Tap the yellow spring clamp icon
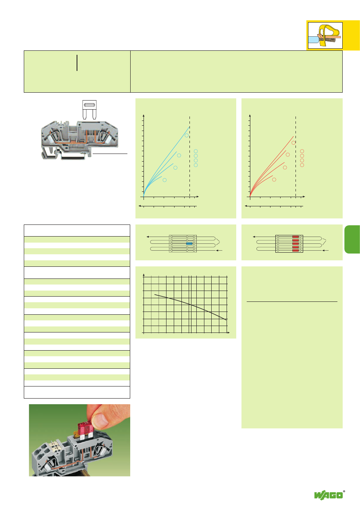(325, 35)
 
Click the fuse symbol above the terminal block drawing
(89, 110)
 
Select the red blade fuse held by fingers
(86, 430)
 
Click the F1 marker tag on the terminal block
(53, 443)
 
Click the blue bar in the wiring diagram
(189, 243)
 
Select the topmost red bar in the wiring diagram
(295, 237)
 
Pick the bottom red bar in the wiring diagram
(295, 250)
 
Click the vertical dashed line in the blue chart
(189, 157)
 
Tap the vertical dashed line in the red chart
(295, 157)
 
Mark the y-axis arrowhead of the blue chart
(144, 116)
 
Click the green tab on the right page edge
(352, 239)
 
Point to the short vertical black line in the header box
(77, 63)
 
